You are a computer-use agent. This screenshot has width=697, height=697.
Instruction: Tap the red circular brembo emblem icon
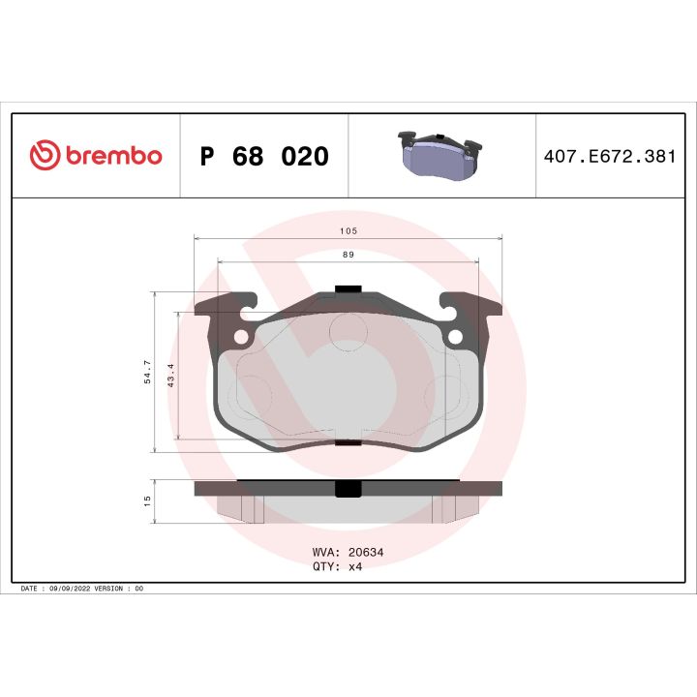(45, 156)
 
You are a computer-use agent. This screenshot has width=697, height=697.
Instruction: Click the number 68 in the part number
(248, 157)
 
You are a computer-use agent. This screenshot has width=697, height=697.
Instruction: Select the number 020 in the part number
(304, 157)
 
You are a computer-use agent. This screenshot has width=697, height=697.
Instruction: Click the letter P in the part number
(206, 157)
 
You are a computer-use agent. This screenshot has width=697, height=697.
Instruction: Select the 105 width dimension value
(348, 231)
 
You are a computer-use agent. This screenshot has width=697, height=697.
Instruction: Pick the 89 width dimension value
(348, 255)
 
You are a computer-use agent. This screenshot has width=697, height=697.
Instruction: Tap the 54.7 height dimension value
(147, 372)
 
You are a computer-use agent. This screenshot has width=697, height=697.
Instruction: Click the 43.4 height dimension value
(170, 376)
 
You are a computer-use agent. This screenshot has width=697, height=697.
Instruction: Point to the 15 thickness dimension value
(147, 500)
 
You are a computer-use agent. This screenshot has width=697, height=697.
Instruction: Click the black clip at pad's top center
(348, 289)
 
